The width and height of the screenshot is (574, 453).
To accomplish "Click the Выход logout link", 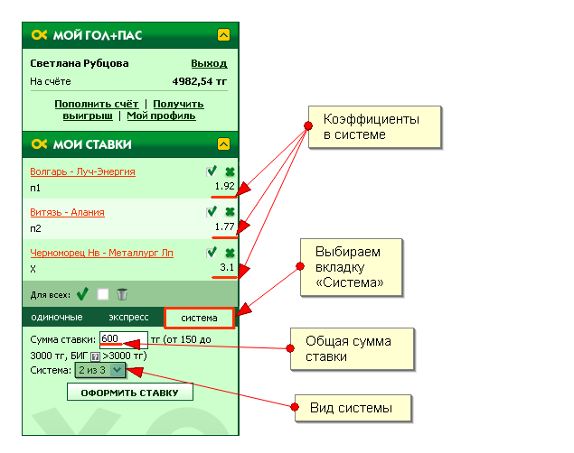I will tap(209, 64).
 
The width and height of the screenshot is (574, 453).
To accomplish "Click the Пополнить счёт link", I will tap(96, 104).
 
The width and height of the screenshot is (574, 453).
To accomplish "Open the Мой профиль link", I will tap(161, 116).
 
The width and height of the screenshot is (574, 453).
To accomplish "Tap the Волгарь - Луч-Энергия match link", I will tap(82, 171).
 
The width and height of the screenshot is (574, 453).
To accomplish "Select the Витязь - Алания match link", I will tap(67, 212).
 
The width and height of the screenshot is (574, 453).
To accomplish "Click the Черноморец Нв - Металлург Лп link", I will tap(101, 253).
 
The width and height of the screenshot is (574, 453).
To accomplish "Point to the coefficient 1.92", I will tap(224, 186).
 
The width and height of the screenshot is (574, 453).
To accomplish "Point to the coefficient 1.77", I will tap(224, 227).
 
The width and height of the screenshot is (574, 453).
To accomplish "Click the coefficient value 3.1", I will tap(227, 268).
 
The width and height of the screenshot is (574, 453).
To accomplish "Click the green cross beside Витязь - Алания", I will tap(230, 212).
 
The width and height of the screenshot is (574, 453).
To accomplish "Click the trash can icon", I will tap(123, 294).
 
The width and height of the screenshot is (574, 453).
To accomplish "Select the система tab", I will tap(199, 318).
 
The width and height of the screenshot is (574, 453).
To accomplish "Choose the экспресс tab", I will tap(128, 318).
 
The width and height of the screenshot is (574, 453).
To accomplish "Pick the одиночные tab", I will tap(57, 318).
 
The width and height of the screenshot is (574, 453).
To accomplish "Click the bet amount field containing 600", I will tap(123, 338).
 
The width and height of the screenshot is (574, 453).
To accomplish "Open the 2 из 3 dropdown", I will tap(100, 370).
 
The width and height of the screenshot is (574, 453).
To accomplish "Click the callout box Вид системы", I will tap(353, 408).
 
